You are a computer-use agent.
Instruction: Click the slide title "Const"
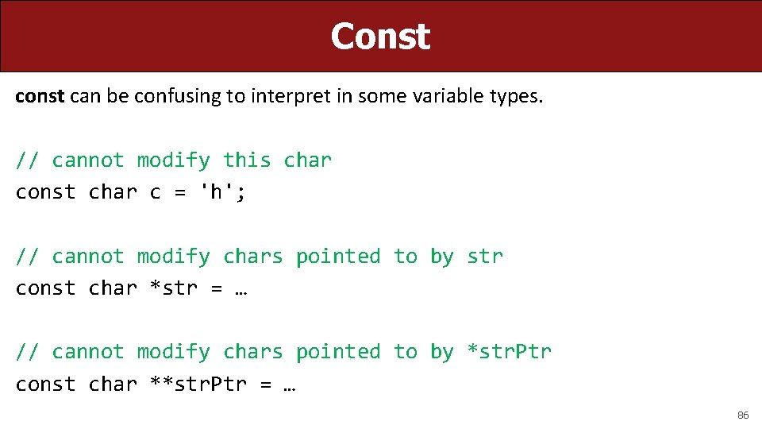tap(380, 37)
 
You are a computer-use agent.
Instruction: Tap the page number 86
tap(743, 415)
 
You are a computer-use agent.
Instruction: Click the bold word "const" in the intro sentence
tap(40, 96)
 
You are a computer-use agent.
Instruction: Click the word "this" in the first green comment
tap(247, 160)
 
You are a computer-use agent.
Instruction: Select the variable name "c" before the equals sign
tap(155, 193)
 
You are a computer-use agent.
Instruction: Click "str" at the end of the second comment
tap(485, 256)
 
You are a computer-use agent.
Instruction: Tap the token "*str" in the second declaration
tap(174, 288)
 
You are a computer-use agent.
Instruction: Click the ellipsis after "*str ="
tap(241, 289)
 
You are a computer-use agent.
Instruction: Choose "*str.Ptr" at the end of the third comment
tap(509, 351)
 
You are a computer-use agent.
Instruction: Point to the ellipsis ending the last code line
tap(289, 385)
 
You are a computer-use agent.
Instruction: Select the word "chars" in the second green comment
tap(252, 256)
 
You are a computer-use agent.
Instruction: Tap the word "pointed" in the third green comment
tap(338, 351)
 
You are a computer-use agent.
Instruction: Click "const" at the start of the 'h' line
tap(45, 192)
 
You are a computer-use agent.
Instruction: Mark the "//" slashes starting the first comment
tap(27, 160)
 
